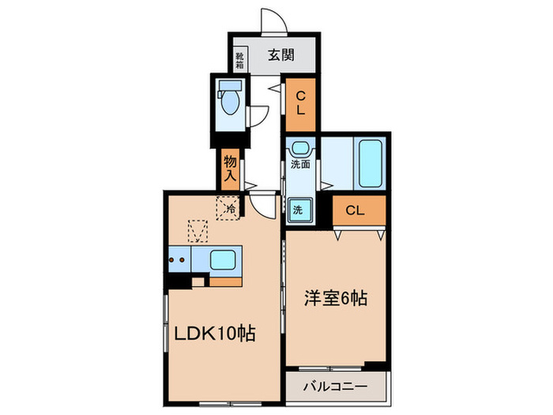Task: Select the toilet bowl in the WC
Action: pos(231,101)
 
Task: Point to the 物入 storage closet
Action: pos(230,168)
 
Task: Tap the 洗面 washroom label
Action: pos(300,165)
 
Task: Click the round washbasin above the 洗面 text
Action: pos(301,148)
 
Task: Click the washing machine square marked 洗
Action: pos(299,209)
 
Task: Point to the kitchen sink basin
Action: pos(224,259)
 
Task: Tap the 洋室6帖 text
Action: pos(335,300)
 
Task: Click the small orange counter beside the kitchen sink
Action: pos(225,280)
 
